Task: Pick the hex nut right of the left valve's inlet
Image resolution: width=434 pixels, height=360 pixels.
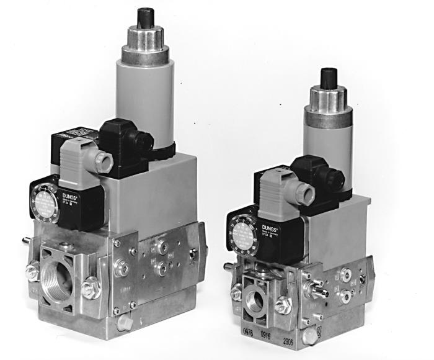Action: tap(91, 289)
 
